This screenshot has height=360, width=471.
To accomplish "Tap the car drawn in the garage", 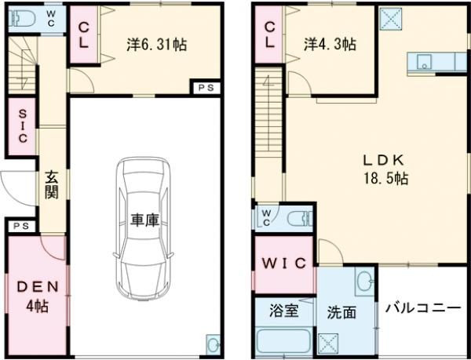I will (144, 227).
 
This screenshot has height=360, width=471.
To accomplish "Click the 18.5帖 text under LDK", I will (384, 178).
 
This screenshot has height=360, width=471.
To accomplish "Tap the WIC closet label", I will (283, 264).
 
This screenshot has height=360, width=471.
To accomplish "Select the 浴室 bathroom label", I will (283, 311).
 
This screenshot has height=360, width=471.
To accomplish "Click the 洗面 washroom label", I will (341, 312).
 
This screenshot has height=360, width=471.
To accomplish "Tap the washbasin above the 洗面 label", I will (363, 280).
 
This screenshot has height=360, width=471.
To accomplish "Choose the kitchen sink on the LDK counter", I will (422, 63).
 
